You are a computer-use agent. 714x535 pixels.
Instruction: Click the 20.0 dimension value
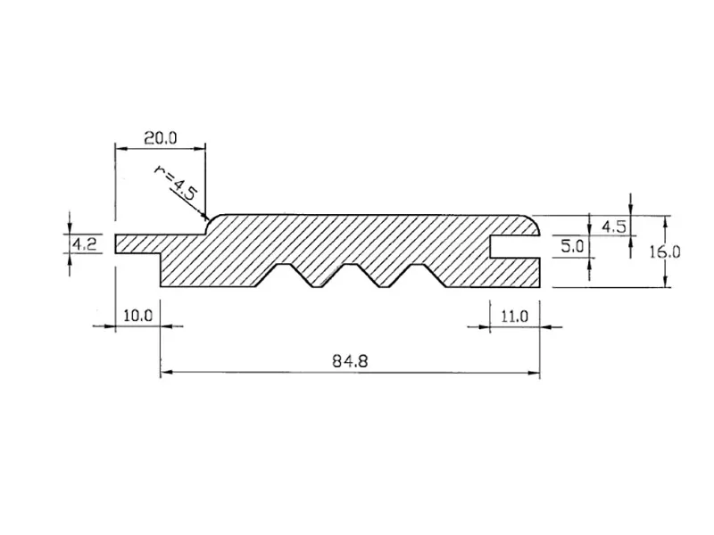pos(161,137)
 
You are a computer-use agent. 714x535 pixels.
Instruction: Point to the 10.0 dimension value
pos(138,316)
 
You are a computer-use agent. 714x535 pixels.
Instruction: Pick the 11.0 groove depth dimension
pos(516,316)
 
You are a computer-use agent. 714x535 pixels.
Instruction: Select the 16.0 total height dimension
pos(664,252)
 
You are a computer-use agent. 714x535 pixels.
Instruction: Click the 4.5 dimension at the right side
pos(613,226)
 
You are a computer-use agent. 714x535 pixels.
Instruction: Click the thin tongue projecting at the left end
pos(138,244)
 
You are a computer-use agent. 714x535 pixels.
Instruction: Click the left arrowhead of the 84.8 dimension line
pos(164,374)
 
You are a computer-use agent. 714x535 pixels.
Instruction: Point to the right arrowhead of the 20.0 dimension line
pos(202,147)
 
